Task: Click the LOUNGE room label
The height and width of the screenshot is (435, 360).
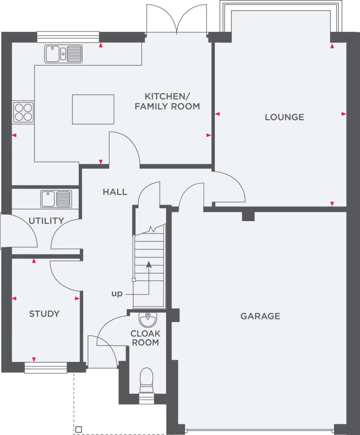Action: [284, 117]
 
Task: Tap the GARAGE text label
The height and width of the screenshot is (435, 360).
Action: [260, 316]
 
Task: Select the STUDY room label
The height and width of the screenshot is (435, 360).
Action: [44, 314]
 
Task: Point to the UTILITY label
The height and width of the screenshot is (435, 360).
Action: [46, 221]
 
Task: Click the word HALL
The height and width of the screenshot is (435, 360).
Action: [115, 192]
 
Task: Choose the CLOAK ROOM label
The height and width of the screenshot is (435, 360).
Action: [146, 338]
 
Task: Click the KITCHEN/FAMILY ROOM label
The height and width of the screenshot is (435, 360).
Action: [167, 101]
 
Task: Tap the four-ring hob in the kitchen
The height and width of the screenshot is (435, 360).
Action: [23, 112]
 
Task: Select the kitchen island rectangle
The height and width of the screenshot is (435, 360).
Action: [93, 109]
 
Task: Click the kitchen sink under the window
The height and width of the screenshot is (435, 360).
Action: [64, 54]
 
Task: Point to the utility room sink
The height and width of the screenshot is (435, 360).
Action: [56, 199]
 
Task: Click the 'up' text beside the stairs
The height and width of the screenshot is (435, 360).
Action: [117, 294]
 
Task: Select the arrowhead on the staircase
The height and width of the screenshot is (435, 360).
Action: [149, 264]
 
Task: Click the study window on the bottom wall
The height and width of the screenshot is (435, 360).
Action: [46, 368]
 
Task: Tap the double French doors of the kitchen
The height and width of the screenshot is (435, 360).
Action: [176, 20]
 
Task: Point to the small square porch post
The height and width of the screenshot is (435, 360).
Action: [78, 429]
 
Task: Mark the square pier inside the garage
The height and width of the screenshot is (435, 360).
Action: [248, 216]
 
